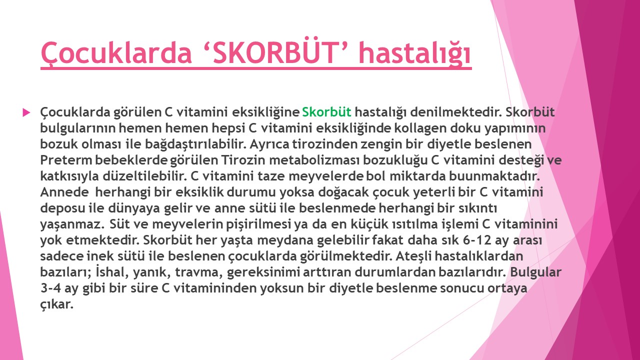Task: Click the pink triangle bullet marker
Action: [x=26, y=112]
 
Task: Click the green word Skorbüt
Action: [x=326, y=112]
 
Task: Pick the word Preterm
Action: [x=66, y=160]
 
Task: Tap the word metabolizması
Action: [x=314, y=160]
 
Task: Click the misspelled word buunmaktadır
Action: [x=494, y=176]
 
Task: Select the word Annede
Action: [x=64, y=192]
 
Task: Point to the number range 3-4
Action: [x=51, y=288]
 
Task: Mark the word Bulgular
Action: [x=536, y=272]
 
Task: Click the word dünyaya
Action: [x=134, y=208]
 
